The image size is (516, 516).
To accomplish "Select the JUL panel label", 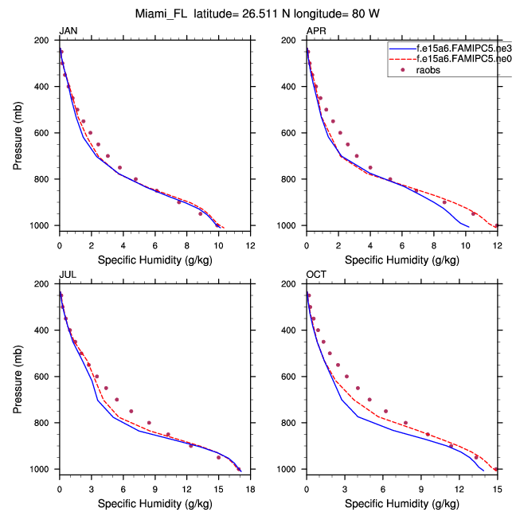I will click(x=67, y=276).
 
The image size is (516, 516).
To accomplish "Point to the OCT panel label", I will click(x=316, y=276).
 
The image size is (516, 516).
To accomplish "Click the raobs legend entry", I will click(x=423, y=70).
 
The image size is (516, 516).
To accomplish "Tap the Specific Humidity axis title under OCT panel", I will click(x=401, y=504).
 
